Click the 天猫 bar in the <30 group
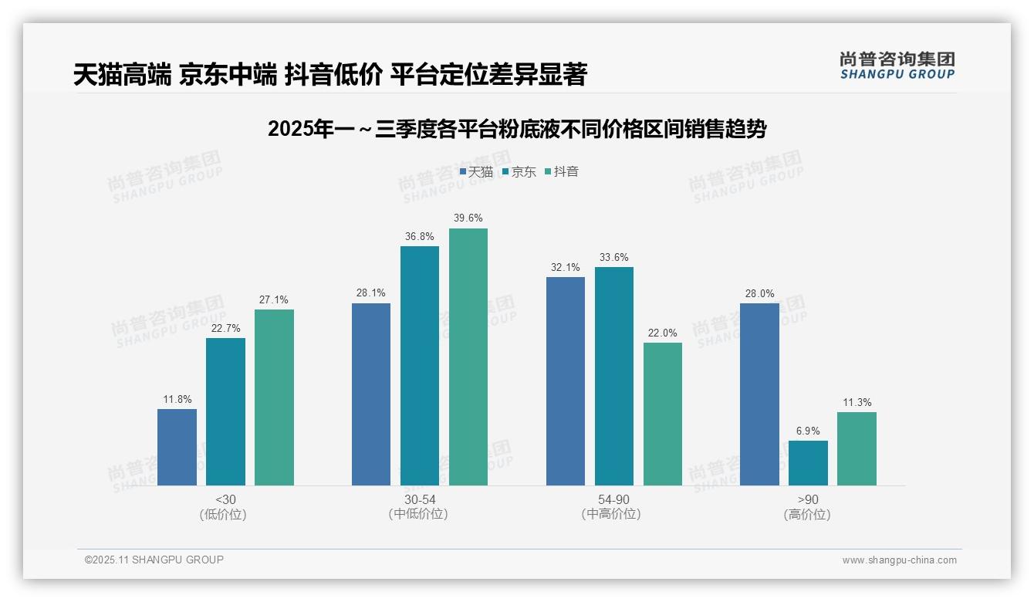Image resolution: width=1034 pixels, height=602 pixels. click(x=177, y=447)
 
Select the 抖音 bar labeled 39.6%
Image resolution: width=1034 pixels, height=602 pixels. click(x=468, y=357)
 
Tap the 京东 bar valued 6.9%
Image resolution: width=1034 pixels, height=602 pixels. click(x=808, y=463)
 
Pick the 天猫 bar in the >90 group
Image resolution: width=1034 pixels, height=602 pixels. click(x=759, y=394)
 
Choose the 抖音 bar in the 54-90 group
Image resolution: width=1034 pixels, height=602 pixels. click(x=663, y=414)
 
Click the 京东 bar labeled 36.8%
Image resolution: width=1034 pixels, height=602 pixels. click(x=420, y=366)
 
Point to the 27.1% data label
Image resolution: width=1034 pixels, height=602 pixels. click(x=274, y=300)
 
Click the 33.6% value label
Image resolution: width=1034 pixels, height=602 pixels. click(x=613, y=258)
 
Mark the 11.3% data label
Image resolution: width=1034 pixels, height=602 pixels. click(x=857, y=403)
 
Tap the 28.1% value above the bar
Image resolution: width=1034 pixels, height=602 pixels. click(x=371, y=293)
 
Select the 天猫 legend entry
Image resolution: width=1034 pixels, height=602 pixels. click(x=476, y=171)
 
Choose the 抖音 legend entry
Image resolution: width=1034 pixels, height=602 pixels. click(x=562, y=171)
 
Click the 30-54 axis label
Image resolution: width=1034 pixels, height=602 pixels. click(x=419, y=499)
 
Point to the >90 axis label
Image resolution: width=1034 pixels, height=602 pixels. click(x=808, y=499)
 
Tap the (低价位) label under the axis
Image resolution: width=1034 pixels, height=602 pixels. click(x=225, y=514)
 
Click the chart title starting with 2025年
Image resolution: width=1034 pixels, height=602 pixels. click(x=517, y=129)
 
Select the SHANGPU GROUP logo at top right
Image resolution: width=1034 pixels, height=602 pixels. click(x=897, y=66)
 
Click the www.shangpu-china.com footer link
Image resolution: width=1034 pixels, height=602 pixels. click(x=899, y=560)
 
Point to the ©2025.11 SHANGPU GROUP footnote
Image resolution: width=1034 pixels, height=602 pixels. click(x=154, y=560)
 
